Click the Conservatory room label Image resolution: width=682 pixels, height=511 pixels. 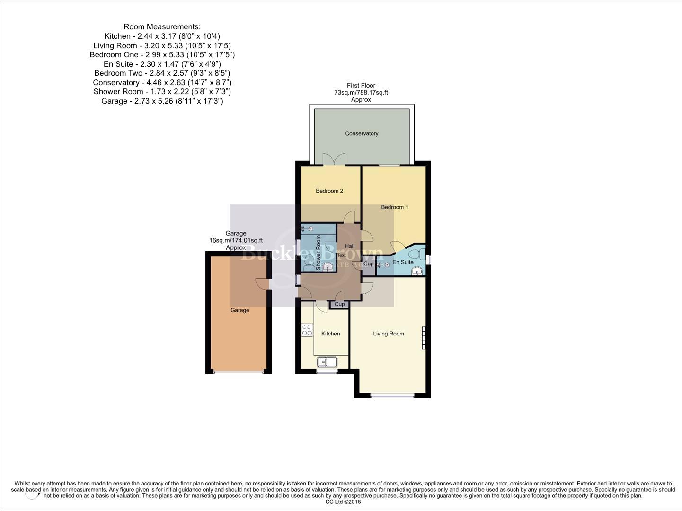[x=362, y=133]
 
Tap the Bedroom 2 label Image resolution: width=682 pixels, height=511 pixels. [x=329, y=191]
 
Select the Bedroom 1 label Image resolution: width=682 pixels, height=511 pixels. [x=394, y=207]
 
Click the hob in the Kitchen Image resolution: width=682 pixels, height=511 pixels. [x=307, y=330]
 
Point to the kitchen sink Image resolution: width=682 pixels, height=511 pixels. [x=326, y=362]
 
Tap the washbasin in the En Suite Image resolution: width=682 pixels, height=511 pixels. [x=416, y=271]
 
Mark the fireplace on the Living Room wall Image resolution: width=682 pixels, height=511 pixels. [x=424, y=338]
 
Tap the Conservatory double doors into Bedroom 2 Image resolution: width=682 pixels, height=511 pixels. [x=334, y=159]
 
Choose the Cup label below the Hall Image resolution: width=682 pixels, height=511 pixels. [x=339, y=304]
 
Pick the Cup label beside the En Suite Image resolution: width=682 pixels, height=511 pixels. [x=368, y=264]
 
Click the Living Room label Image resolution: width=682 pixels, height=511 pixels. [x=388, y=334]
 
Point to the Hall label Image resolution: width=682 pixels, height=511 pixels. [x=349, y=246]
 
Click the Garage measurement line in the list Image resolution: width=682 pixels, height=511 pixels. [x=162, y=101]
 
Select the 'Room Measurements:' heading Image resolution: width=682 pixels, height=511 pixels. [x=162, y=27]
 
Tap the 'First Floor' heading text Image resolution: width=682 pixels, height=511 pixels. [x=361, y=86]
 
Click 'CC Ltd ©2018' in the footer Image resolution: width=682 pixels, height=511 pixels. [x=340, y=502]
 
